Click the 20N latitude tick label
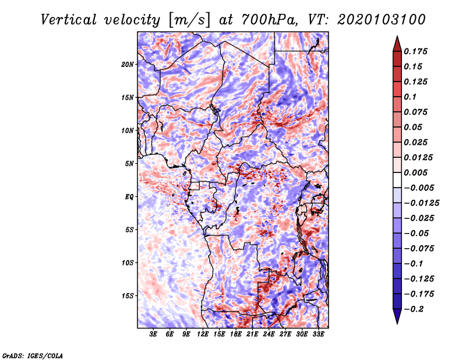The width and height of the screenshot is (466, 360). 128,64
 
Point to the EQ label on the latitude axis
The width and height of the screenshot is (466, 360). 129,196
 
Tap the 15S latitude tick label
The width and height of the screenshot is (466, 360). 128,295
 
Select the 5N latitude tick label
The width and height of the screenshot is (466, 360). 129,164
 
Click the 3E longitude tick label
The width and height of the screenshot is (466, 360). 154,334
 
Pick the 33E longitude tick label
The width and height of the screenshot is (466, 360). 318,334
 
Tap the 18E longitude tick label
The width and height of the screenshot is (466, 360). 236,334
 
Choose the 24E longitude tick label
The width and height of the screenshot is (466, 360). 269,334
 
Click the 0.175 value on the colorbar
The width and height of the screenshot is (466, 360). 418,51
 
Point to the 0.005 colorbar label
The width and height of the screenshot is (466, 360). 418,172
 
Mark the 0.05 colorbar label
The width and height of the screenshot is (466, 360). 415,127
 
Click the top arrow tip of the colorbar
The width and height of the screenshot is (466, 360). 397,37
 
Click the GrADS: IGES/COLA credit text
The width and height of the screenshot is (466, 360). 33,355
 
